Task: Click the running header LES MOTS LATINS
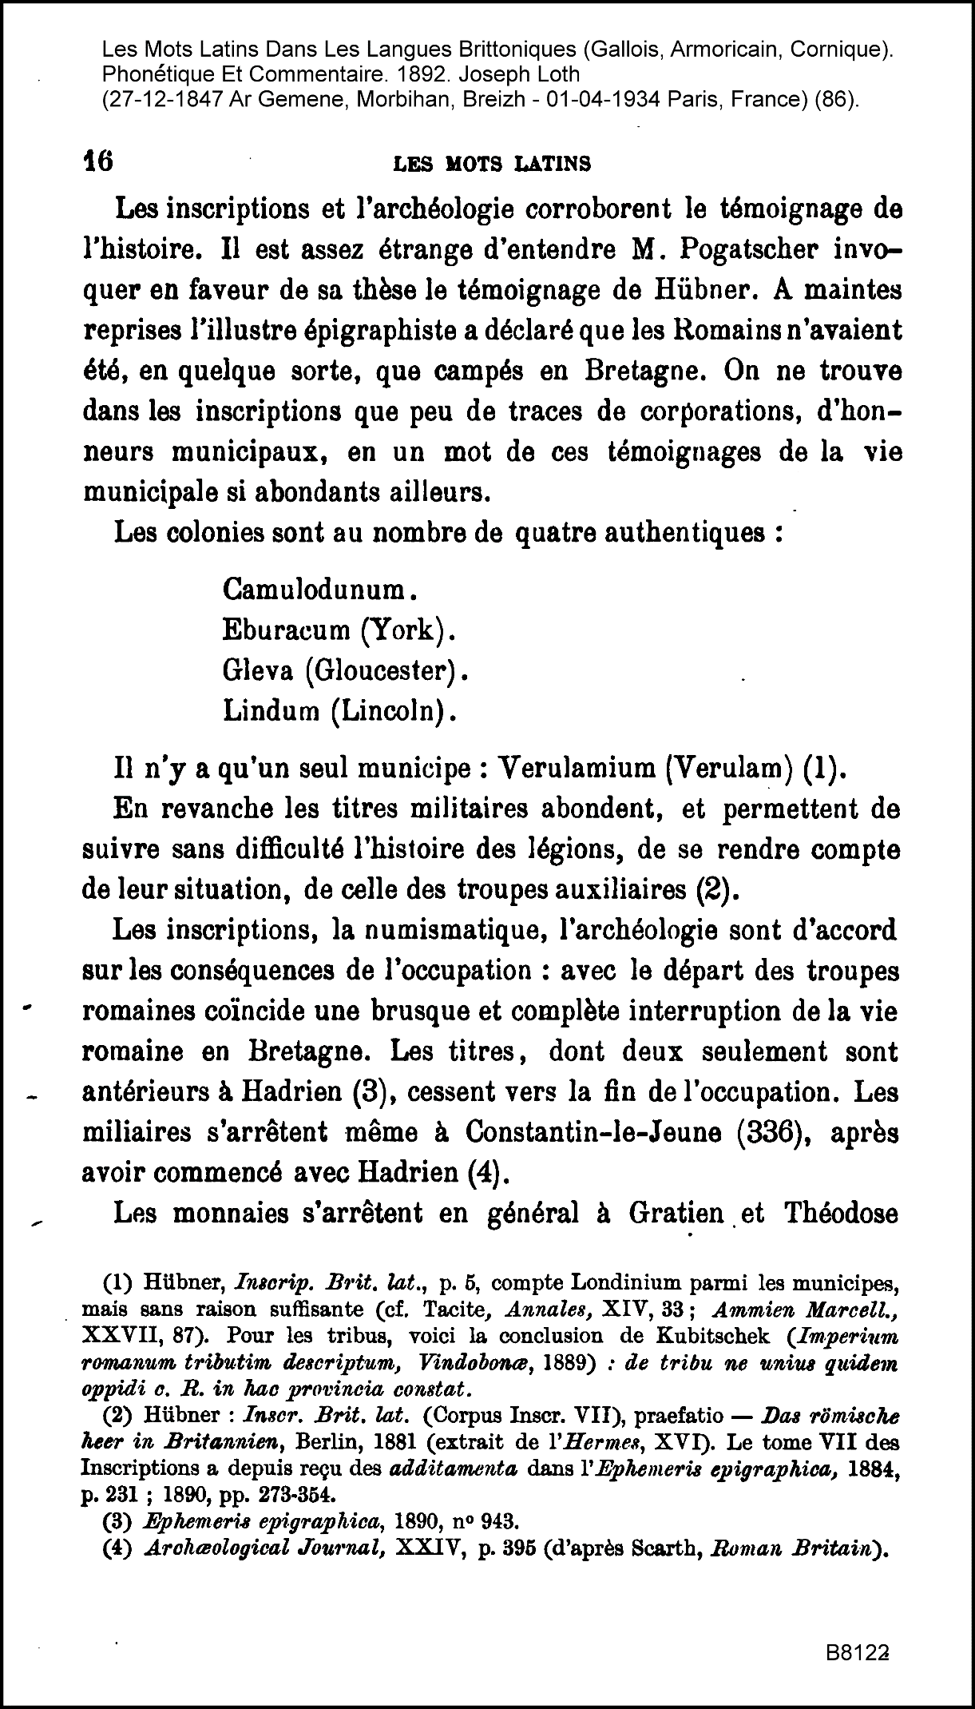coord(493,165)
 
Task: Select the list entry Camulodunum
coord(316,590)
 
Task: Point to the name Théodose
coord(842,1214)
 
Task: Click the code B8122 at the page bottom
coord(858,1649)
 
